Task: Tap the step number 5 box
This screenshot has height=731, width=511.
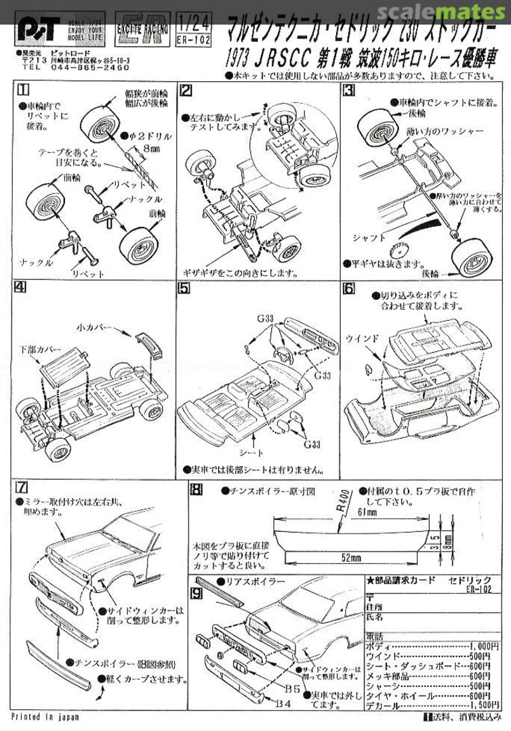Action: point(184,287)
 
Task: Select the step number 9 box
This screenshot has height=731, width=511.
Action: point(195,594)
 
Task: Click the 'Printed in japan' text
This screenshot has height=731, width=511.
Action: point(45,716)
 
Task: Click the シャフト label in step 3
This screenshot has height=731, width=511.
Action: point(369,238)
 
